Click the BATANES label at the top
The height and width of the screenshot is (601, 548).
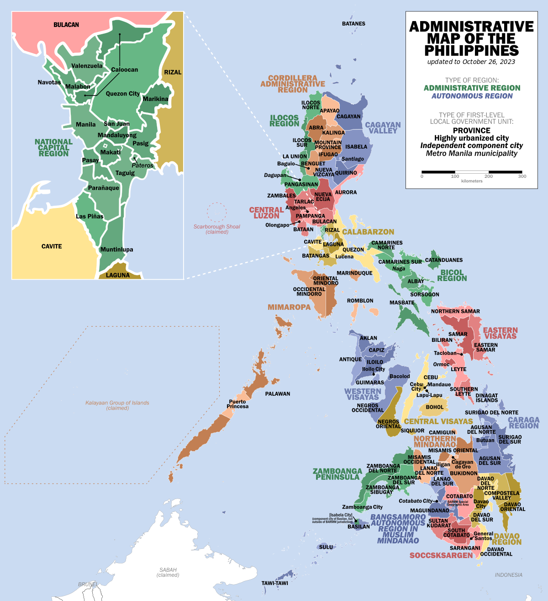coord(353,24)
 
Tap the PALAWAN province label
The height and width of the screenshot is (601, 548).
coord(278,394)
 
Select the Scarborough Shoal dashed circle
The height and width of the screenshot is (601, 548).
coord(216,212)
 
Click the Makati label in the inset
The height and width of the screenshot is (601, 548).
coord(111,152)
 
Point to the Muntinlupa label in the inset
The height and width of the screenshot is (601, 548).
coord(117,250)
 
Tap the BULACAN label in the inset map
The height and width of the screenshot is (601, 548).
coord(66,25)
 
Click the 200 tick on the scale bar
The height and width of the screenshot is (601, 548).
coord(489,176)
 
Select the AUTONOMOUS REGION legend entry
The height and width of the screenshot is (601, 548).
coord(472,96)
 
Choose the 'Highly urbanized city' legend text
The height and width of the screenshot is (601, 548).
coord(471,138)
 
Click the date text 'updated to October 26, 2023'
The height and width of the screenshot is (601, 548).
coord(471,62)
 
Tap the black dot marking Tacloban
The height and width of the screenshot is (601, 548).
coord(462,354)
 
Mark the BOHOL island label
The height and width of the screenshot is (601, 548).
coord(435,407)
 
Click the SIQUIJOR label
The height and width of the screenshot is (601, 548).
coord(412,431)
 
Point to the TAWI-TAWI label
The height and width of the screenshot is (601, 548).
coord(274,583)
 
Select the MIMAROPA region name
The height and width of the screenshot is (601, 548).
coord(289,307)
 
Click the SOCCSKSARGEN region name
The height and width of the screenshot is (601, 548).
coord(441,555)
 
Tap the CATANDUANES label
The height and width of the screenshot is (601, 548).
coord(444,260)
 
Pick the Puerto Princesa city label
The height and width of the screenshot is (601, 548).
coord(237,404)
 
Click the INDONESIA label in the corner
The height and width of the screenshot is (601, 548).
coord(508,575)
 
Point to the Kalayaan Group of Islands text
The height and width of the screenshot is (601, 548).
coord(117,405)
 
